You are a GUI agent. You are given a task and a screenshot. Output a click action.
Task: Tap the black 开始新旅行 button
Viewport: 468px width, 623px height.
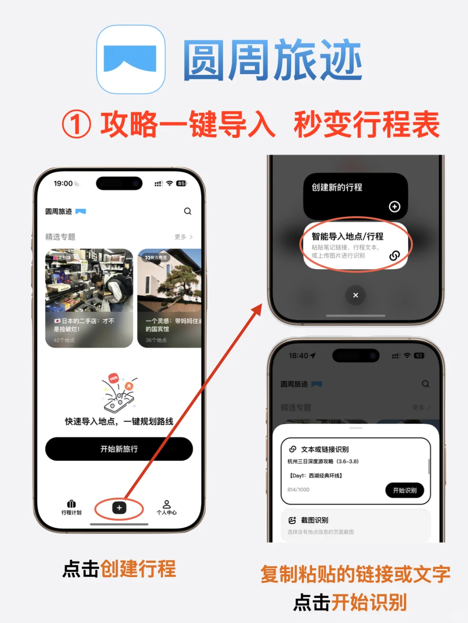click(119, 449)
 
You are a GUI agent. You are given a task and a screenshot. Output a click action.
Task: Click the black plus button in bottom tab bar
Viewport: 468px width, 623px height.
click(119, 508)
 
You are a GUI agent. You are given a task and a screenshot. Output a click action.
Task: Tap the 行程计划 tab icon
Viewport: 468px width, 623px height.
click(71, 504)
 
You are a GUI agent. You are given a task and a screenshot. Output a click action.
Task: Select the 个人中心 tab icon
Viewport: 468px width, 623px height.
click(166, 505)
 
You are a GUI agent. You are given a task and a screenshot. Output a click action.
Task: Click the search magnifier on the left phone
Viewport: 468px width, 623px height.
click(188, 211)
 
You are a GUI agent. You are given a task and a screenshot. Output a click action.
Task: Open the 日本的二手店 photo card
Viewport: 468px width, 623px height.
click(89, 298)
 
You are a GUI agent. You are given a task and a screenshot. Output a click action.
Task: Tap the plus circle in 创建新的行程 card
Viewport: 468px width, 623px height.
click(394, 207)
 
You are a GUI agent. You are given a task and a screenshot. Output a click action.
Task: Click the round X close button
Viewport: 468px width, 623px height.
click(355, 295)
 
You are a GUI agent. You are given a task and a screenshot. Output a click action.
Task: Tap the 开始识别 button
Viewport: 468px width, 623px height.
click(404, 490)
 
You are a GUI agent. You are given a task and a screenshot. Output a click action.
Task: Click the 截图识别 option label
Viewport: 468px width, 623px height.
click(315, 520)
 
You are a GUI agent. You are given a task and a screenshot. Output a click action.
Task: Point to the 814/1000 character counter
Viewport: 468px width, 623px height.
click(298, 490)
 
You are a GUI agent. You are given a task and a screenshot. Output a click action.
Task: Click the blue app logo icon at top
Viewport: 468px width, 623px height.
click(130, 59)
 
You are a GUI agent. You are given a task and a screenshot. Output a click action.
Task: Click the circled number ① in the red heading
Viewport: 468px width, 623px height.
click(77, 124)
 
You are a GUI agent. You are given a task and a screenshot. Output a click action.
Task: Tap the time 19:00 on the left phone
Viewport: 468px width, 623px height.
click(63, 183)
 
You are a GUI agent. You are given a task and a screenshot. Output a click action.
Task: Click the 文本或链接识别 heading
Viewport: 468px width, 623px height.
click(325, 449)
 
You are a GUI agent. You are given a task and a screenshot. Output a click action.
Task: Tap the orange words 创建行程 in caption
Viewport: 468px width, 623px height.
click(138, 569)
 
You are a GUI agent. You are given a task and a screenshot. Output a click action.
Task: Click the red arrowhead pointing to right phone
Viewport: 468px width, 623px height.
click(258, 308)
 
